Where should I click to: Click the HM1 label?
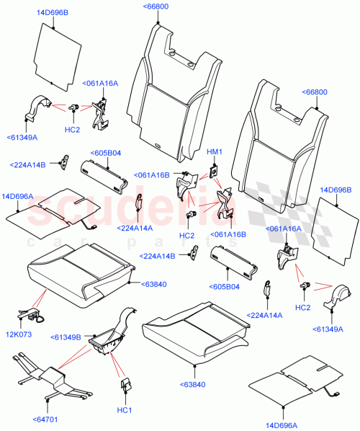(x=214, y=151)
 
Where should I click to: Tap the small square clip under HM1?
(x=214, y=170)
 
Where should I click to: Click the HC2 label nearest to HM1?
(x=186, y=236)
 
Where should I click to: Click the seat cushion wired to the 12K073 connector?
(x=79, y=275)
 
